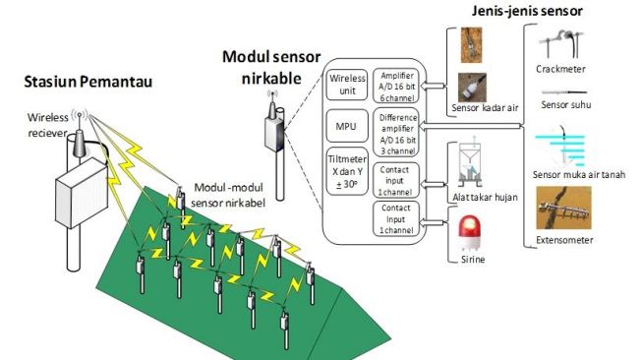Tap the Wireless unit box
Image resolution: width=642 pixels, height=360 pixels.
pos(348,84)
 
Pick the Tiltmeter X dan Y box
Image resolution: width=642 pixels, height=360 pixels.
pos(348,170)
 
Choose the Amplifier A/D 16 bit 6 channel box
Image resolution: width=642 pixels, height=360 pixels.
pos(397,85)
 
